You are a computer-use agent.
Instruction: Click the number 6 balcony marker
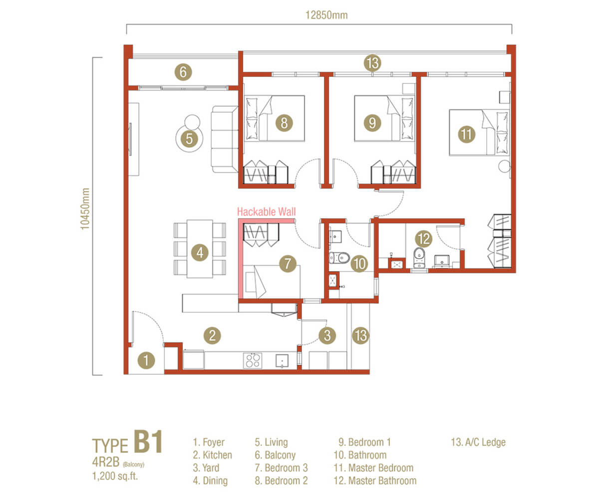click(x=183, y=72)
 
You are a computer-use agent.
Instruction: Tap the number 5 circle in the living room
click(x=189, y=138)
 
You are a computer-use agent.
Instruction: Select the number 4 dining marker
click(x=200, y=252)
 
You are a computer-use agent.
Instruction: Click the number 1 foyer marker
click(x=146, y=360)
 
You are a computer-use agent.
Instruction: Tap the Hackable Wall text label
click(x=266, y=211)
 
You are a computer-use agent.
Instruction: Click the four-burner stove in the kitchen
click(x=253, y=360)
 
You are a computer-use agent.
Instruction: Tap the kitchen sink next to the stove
click(x=282, y=361)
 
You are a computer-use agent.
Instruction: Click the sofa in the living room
click(x=224, y=139)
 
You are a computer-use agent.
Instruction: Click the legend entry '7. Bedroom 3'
click(x=281, y=468)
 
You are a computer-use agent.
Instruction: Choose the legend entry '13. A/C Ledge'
click(x=478, y=442)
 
